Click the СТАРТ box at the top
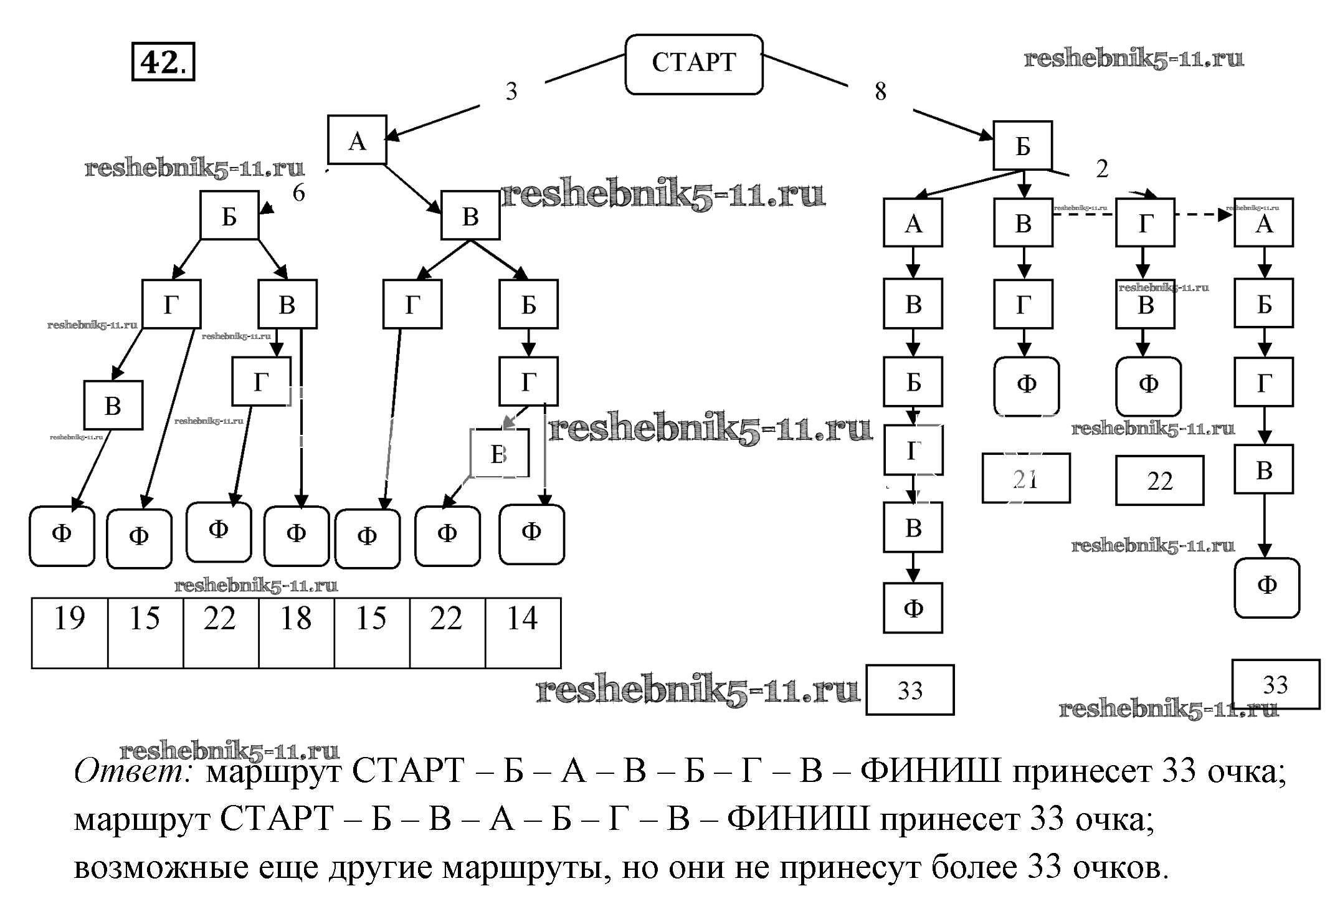click(x=693, y=64)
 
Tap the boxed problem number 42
click(x=163, y=62)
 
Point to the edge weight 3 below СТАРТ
click(x=511, y=92)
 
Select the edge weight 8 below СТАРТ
click(x=880, y=92)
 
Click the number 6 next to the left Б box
click(x=299, y=193)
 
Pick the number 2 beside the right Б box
click(x=1102, y=169)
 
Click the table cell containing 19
click(x=69, y=632)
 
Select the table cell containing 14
click(x=523, y=632)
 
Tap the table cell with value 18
click(x=296, y=632)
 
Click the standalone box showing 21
click(x=1025, y=479)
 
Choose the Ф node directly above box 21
click(x=1026, y=386)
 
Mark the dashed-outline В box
click(x=499, y=454)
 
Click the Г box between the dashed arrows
click(x=1145, y=223)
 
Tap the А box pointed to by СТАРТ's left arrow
click(x=357, y=140)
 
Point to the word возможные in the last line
click(x=161, y=868)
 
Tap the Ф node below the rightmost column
click(x=1266, y=587)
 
